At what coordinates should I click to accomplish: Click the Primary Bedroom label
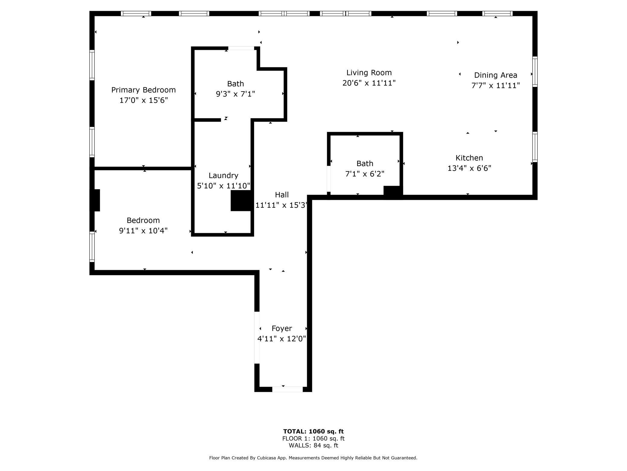click(x=143, y=90)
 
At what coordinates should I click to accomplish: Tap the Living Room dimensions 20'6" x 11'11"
click(x=369, y=83)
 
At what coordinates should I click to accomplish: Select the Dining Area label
click(x=496, y=75)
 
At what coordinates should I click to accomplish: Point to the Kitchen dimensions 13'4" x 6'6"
click(x=469, y=168)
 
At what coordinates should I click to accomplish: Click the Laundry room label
click(x=223, y=175)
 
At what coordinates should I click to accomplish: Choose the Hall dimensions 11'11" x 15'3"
click(x=282, y=205)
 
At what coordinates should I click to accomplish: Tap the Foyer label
click(x=282, y=328)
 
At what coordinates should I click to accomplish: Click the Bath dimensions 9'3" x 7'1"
click(x=235, y=94)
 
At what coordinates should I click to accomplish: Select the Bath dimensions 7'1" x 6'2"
click(x=365, y=174)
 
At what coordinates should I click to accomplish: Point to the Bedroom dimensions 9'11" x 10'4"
click(x=143, y=231)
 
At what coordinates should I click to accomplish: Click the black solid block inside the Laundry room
click(x=241, y=200)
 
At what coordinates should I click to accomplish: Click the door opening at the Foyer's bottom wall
click(x=288, y=389)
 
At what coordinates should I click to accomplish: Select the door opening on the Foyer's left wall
click(x=257, y=338)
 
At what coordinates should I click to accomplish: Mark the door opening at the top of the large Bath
click(x=241, y=48)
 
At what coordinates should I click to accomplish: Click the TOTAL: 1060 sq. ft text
click(x=313, y=431)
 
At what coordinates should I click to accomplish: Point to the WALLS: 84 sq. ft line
click(x=313, y=445)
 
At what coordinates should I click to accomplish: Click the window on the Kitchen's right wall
click(x=535, y=147)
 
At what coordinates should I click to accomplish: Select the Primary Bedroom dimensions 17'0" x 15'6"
click(x=143, y=100)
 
